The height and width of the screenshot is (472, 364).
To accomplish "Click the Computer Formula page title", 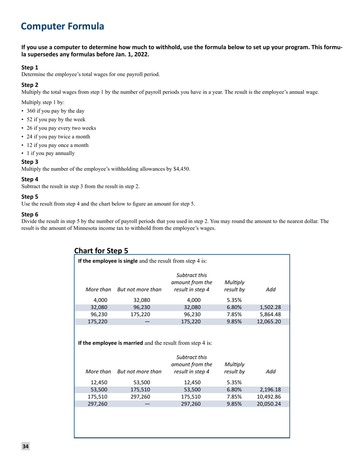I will tap(62, 26).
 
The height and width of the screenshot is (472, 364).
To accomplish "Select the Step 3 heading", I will tap(29, 162).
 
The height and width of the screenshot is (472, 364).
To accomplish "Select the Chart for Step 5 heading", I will tap(101, 251).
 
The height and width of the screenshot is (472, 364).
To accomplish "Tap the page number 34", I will tap(25, 446).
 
